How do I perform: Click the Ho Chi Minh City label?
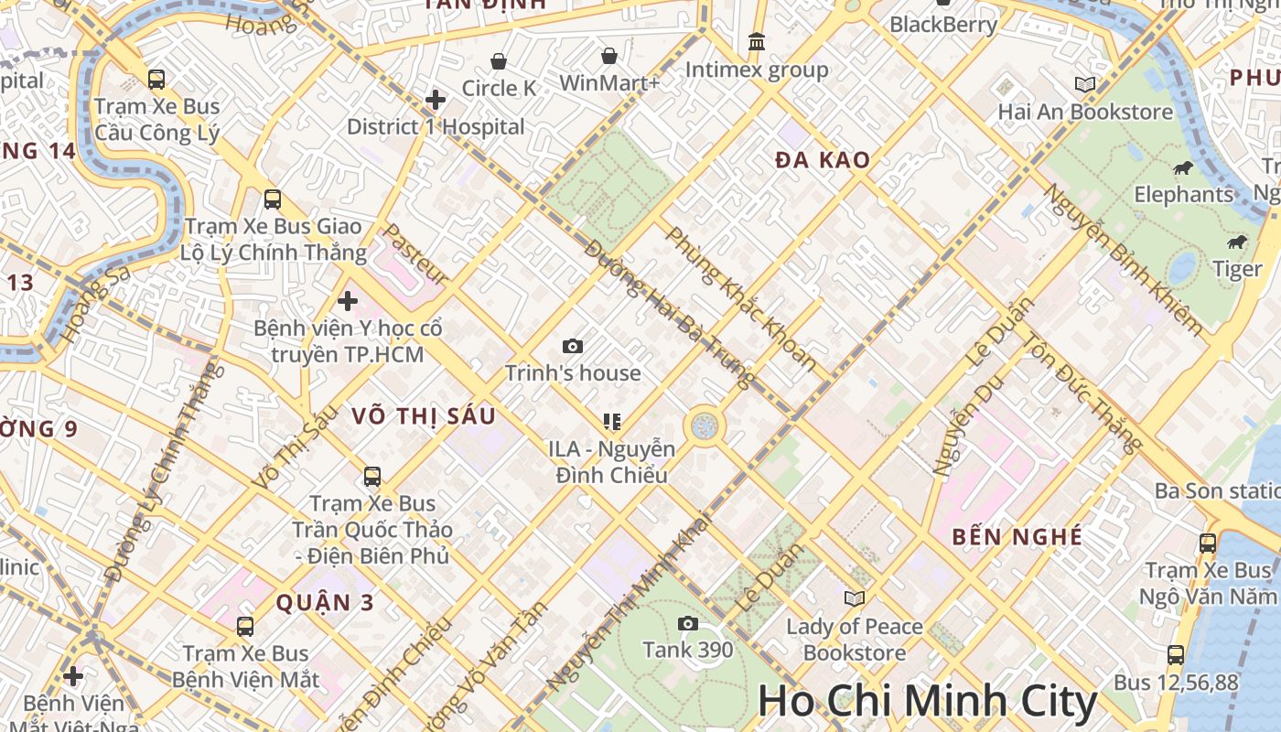click(x=927, y=702)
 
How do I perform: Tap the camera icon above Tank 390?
click(x=688, y=624)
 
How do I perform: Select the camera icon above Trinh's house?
click(x=573, y=346)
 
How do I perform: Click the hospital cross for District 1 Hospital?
click(x=436, y=99)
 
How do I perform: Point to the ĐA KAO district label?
click(x=823, y=160)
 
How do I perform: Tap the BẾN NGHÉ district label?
click(x=1017, y=536)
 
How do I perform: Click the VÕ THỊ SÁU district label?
click(x=424, y=416)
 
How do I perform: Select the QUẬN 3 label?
click(x=326, y=602)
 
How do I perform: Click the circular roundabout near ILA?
click(x=704, y=425)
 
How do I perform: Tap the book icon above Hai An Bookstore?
click(x=1085, y=85)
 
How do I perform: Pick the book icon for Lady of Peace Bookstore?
click(x=855, y=598)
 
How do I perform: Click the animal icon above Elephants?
click(x=1183, y=167)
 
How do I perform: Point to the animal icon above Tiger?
click(x=1236, y=242)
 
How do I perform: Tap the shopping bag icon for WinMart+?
click(x=609, y=57)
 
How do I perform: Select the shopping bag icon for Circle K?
click(x=499, y=61)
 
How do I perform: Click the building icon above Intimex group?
click(x=757, y=42)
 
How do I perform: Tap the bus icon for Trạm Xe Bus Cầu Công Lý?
click(x=156, y=80)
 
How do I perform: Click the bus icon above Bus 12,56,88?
click(x=1176, y=655)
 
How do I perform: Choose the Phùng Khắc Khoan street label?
click(x=741, y=299)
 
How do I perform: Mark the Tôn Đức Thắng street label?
click(x=1082, y=393)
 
